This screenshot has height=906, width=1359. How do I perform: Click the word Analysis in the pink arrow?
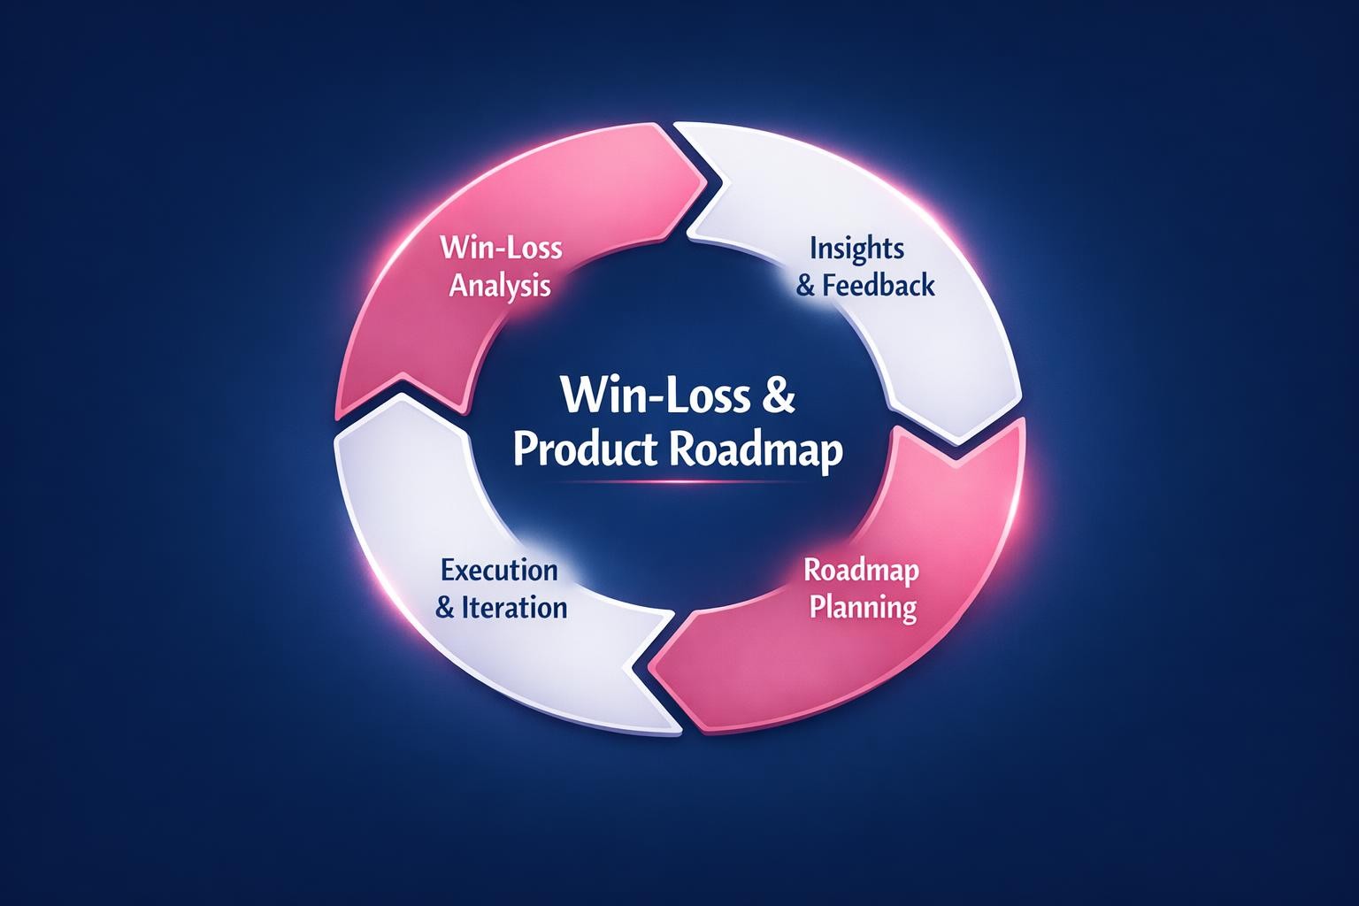coord(500,286)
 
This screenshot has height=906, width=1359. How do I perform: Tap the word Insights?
coord(856,249)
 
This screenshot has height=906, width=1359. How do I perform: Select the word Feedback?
coord(878,286)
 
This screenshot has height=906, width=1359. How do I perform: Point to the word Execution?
coord(499,569)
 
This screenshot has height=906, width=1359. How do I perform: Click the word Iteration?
coord(514,608)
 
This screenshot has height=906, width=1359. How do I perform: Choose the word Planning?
coord(863,609)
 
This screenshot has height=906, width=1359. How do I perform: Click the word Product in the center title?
coord(584,451)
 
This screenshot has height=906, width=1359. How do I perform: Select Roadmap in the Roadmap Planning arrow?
coord(861,570)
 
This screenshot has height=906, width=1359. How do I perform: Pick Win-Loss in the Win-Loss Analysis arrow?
coord(501,247)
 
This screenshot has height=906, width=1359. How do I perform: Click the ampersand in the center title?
coord(777,398)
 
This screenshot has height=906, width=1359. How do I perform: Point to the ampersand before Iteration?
coord(446,609)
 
